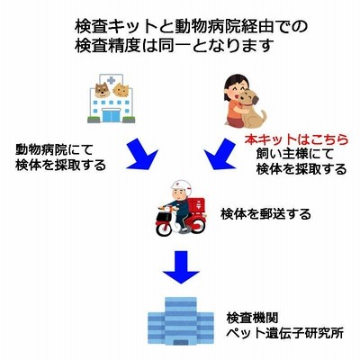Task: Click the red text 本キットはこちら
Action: [x=297, y=139]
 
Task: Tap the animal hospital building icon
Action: [x=112, y=98]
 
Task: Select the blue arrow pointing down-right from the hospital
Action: [x=142, y=154]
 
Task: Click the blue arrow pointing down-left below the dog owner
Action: [x=220, y=154]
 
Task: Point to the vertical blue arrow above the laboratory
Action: [x=181, y=267]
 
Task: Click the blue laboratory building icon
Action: [x=181, y=321]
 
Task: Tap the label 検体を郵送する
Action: [x=265, y=214]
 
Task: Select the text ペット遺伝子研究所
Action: [x=284, y=333]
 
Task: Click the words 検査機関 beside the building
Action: [x=252, y=318]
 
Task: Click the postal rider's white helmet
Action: [x=181, y=186]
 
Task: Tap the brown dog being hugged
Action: [x=251, y=109]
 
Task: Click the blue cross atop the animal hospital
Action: [x=112, y=80]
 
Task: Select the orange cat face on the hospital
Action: [x=121, y=89]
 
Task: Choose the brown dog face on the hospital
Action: [x=103, y=89]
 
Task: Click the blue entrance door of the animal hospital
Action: [x=112, y=116]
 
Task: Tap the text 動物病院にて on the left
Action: [x=54, y=149]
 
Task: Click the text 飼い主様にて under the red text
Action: [x=295, y=154]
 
